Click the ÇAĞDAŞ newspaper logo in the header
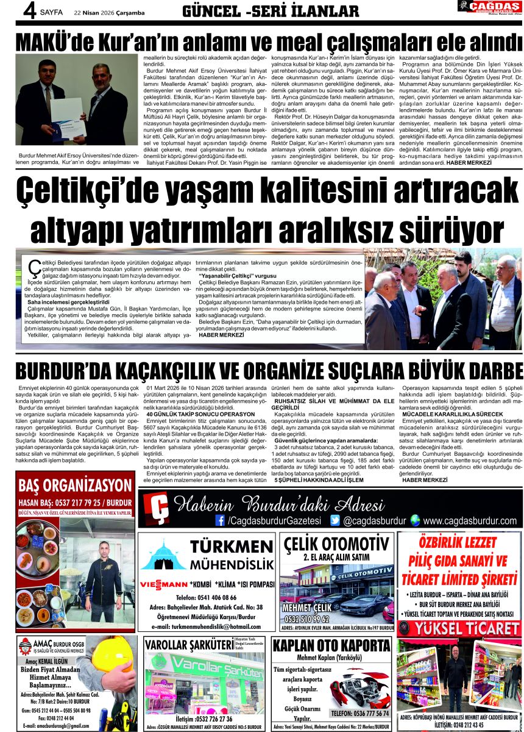click(x=489, y=7)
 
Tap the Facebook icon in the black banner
click(x=220, y=520)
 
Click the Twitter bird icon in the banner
click(x=335, y=520)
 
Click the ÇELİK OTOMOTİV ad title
click(x=336, y=544)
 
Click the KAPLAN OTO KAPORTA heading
click(x=331, y=646)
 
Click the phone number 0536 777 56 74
click(x=359, y=712)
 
